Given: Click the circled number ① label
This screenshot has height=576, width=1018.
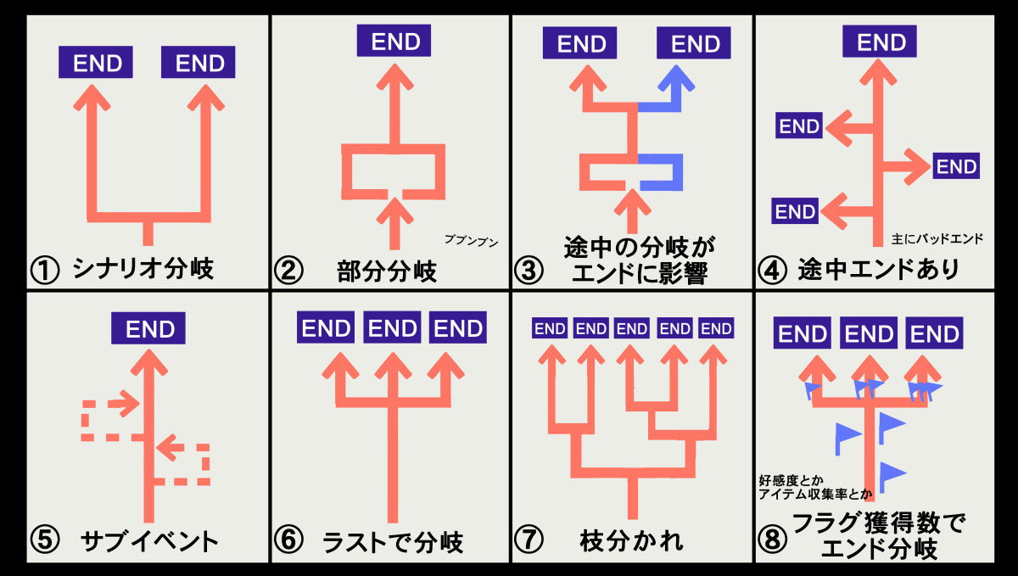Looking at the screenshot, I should tap(44, 271).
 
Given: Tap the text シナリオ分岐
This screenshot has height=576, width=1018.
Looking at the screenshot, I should tap(143, 270).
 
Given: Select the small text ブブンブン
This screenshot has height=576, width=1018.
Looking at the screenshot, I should tap(471, 241).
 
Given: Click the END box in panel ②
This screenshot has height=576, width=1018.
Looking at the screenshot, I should tap(394, 41).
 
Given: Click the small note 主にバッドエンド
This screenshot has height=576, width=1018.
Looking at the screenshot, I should tap(938, 239).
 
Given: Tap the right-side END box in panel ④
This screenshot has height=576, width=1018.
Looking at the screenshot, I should tap(956, 166).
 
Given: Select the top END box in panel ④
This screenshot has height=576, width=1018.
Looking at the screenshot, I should tap(881, 41).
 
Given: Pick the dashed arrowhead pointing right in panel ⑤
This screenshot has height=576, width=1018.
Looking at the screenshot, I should tap(127, 404).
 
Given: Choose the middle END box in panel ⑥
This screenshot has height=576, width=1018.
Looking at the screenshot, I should tap(393, 328).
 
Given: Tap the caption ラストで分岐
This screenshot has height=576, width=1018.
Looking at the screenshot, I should tap(393, 541).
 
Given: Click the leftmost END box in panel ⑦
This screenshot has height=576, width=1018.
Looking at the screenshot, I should tap(550, 328).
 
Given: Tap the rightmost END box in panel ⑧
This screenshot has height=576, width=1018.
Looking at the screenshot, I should tap(934, 334).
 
